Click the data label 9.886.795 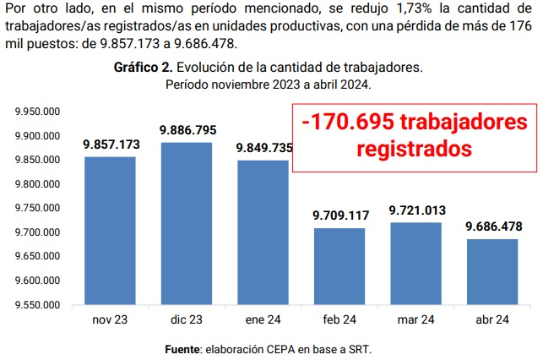187,130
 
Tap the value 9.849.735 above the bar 263,148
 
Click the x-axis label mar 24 416,319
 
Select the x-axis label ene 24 263,319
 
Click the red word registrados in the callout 413,150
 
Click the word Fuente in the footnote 182,348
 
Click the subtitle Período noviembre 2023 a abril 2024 268,85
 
